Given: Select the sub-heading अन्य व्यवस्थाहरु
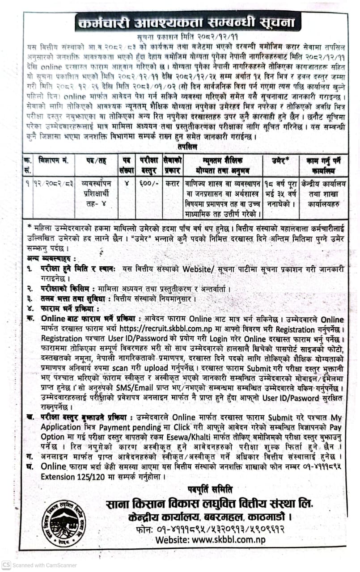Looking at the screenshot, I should pyautogui.click(x=51, y=259).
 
